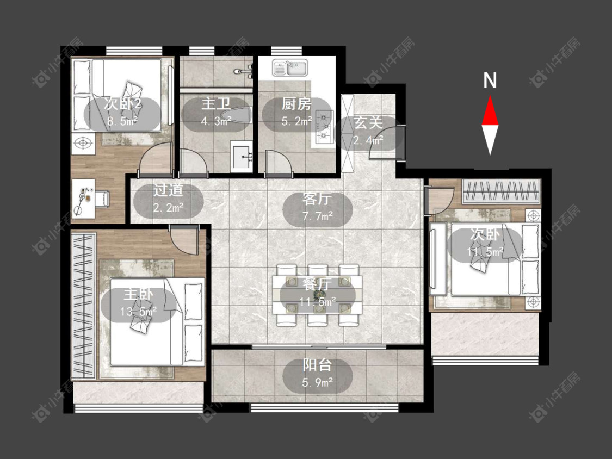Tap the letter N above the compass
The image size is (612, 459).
[x=490, y=80]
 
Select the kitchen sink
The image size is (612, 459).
[x=290, y=67]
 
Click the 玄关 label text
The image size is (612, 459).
[x=368, y=123]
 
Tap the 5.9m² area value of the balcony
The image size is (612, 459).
[x=317, y=382]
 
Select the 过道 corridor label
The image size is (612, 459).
[x=168, y=190]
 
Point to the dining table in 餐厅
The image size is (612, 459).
[x=317, y=295]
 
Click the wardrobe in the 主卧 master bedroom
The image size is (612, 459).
[x=84, y=305]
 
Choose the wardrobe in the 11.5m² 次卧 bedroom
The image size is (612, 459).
[x=502, y=191]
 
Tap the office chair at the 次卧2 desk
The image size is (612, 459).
[x=102, y=199]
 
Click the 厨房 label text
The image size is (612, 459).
[x=296, y=104]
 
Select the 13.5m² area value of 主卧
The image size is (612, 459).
[x=139, y=312]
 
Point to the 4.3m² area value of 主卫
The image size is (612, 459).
[x=216, y=121]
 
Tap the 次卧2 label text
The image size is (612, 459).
[x=122, y=104]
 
